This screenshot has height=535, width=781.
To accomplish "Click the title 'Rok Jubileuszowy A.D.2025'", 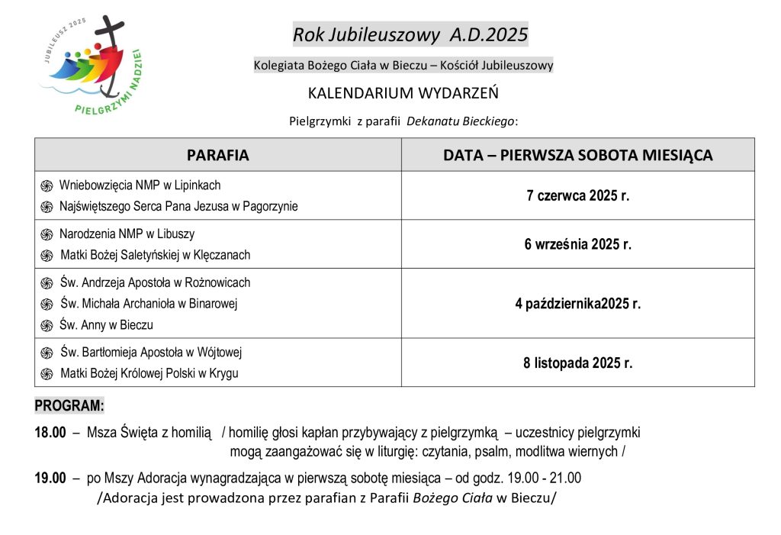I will [x=410, y=34].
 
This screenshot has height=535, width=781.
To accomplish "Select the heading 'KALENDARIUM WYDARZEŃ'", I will [x=403, y=93].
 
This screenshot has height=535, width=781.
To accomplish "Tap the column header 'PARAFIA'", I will [x=217, y=155].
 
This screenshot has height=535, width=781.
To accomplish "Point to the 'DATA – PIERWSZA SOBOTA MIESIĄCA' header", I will [x=578, y=155].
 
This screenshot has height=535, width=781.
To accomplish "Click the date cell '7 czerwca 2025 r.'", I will [x=578, y=195].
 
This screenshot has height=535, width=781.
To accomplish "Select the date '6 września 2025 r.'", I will [x=578, y=244].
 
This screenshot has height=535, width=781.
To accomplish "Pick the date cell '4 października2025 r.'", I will [x=578, y=304].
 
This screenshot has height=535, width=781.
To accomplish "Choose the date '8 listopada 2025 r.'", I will [x=578, y=363].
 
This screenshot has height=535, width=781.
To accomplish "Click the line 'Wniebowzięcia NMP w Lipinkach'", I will [x=140, y=185].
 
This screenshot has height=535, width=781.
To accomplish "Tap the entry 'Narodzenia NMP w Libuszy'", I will [x=132, y=234].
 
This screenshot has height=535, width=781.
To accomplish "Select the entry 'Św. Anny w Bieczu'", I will [x=106, y=324].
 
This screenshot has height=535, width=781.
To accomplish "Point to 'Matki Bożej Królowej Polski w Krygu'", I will [x=149, y=373].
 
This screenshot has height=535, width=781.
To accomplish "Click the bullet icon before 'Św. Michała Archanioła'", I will [x=47, y=305].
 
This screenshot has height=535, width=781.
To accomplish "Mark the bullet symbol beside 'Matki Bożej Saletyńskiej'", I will [x=47, y=256].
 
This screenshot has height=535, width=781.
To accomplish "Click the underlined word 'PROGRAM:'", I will [x=69, y=404].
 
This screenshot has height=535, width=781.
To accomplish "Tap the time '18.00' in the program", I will [x=50, y=433].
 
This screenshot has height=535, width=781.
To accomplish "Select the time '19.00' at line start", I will [x=50, y=479].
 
